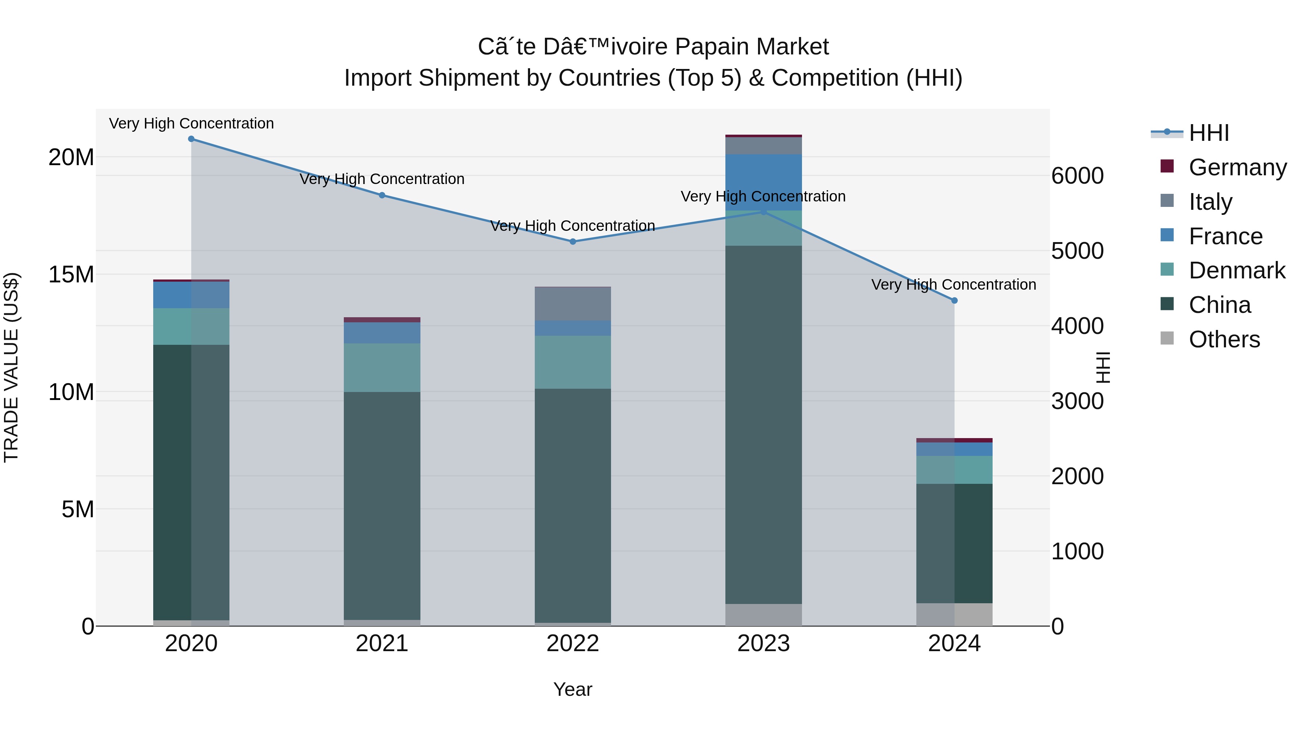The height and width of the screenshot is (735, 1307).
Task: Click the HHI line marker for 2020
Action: [191, 139]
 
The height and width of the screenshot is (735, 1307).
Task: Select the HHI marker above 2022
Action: [573, 241]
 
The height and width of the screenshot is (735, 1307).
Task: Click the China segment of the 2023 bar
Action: [763, 426]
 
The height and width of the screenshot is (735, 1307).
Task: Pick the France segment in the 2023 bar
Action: [763, 183]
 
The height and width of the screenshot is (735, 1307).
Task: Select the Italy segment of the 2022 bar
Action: [573, 303]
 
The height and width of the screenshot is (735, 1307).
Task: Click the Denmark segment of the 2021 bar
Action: [382, 367]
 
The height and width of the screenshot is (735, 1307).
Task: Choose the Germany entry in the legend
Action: [1237, 167]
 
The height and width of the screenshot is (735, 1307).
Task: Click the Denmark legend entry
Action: [1237, 270]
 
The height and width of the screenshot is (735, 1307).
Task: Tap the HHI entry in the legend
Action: [1209, 133]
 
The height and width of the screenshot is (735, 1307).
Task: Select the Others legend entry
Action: [1224, 339]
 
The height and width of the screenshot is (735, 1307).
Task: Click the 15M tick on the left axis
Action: [71, 274]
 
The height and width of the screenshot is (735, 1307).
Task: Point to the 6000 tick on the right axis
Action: [1077, 176]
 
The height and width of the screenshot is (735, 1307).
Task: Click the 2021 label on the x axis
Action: [382, 643]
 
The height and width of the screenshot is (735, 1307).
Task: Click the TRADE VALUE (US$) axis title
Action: [11, 367]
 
